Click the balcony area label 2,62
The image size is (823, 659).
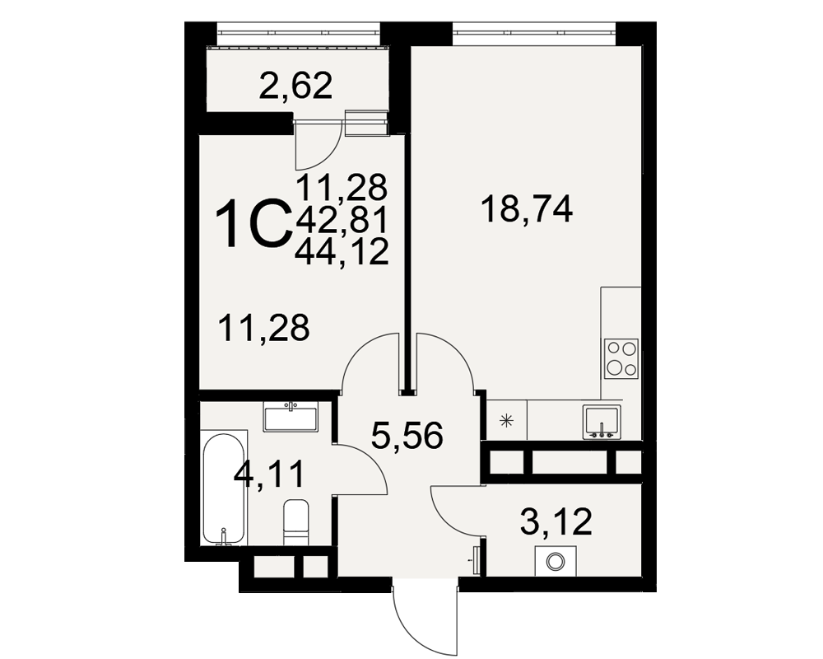(296, 86)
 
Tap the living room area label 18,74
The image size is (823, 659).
(527, 209)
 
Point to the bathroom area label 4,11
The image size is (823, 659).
(269, 474)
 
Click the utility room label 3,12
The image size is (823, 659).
(556, 521)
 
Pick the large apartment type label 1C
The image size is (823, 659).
(253, 224)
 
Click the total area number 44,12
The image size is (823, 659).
(342, 252)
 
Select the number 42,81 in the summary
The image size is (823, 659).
(342, 220)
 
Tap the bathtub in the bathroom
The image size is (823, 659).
(224, 489)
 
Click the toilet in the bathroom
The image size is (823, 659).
(296, 522)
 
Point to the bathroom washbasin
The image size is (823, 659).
(291, 418)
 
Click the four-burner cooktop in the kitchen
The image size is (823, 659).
(621, 359)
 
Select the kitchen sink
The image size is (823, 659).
(602, 422)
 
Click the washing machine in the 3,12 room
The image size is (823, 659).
(556, 561)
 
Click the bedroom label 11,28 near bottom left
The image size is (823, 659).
(264, 328)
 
